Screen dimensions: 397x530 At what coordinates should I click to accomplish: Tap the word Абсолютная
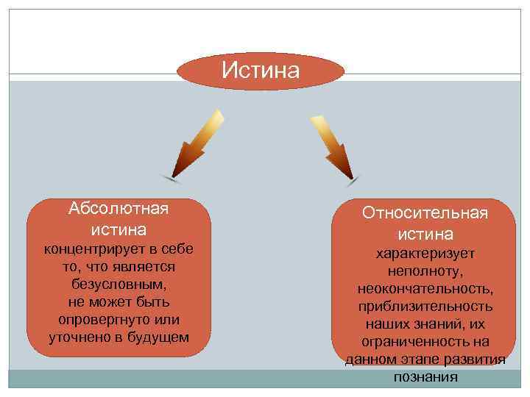click(x=119, y=208)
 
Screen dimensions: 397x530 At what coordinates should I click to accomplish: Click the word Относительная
click(x=425, y=213)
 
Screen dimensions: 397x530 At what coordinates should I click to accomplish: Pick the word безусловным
click(x=119, y=283)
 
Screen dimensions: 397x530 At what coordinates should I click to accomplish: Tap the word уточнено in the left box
click(x=81, y=338)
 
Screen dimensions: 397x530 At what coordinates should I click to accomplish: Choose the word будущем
click(x=158, y=338)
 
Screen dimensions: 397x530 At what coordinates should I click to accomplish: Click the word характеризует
click(x=425, y=253)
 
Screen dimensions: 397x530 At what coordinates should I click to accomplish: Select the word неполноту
click(x=425, y=271)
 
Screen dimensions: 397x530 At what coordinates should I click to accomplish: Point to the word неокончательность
click(x=425, y=288)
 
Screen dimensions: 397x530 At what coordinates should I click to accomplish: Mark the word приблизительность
click(x=425, y=306)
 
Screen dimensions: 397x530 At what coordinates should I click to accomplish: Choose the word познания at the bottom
click(x=425, y=377)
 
